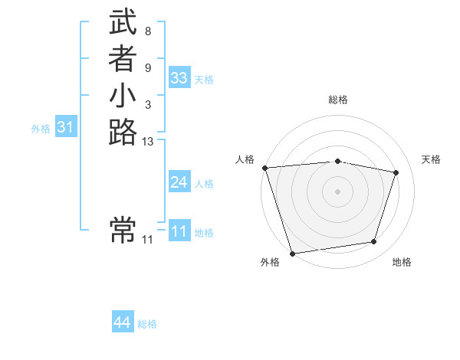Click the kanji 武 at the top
(x=123, y=24)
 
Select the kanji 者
(x=123, y=59)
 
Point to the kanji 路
(x=123, y=132)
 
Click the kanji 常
(x=123, y=229)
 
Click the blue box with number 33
(x=179, y=78)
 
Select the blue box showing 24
(x=179, y=182)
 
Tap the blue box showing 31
(x=66, y=128)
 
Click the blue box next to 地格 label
(x=179, y=231)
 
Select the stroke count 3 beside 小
(x=147, y=104)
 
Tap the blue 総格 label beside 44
(x=147, y=324)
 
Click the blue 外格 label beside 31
(x=41, y=129)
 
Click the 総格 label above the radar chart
(x=338, y=100)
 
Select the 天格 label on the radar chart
(x=431, y=159)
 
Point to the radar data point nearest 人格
(x=264, y=168)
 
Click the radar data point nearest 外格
(x=292, y=253)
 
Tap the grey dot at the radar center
(x=338, y=191)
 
